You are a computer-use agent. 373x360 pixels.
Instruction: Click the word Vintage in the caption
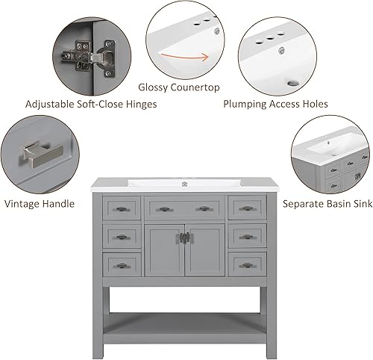pos(23,202)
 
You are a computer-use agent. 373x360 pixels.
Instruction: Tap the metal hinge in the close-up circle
pos(87,56)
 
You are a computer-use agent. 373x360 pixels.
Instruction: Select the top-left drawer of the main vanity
pos(122,207)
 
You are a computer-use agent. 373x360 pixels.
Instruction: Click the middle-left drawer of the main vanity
pos(122,236)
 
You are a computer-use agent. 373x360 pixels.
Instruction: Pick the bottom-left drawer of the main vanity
pos(122,263)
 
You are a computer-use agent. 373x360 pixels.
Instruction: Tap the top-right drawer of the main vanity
pos(247,207)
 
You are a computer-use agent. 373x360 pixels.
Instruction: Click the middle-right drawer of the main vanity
pos(247,236)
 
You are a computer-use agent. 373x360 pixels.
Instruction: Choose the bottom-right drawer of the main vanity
pos(247,263)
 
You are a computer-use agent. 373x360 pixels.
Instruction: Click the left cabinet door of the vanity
pos(164,249)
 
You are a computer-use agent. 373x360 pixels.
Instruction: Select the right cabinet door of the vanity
pos(204,249)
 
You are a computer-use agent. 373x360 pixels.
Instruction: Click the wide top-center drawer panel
pos(184,207)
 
